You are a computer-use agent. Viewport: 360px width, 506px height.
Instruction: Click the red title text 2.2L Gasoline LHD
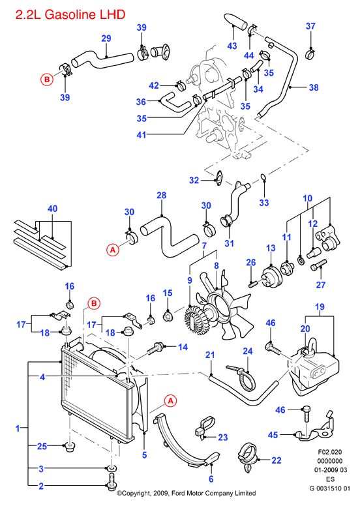coord(70,14)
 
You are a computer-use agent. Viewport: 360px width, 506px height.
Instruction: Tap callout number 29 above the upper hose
coord(106,38)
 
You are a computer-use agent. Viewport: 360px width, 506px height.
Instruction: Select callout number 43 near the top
coord(232,46)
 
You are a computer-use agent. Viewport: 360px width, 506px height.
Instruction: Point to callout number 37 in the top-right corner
coord(310,26)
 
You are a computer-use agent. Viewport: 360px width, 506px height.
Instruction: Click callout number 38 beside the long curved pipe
coord(314,87)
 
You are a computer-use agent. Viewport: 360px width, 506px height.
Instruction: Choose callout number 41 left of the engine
coord(142,135)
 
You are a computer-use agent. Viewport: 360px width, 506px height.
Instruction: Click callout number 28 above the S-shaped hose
coord(162,195)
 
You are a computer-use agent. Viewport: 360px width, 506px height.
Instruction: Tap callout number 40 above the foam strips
coord(52,209)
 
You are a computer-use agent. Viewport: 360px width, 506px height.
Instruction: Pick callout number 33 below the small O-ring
coord(264,203)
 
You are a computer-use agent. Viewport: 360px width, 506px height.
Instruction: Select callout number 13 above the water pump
coord(271,248)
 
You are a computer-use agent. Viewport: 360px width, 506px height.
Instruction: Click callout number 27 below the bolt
coord(321,284)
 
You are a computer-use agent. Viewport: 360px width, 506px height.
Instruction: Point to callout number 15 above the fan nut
coord(168,293)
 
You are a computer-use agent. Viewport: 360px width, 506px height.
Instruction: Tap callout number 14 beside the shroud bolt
coord(183,347)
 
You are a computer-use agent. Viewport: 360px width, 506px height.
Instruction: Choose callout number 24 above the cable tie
coord(248,351)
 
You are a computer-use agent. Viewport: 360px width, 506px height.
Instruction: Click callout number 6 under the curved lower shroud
coord(211,479)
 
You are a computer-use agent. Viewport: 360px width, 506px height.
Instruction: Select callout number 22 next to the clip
coord(277,460)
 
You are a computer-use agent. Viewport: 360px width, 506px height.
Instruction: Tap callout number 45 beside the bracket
coord(273,435)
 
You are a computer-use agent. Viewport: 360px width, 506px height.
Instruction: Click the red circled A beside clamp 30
coord(113,250)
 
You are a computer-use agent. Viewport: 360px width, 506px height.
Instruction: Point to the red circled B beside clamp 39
coord(47,80)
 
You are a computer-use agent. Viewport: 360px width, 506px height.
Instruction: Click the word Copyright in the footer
coord(136,493)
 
